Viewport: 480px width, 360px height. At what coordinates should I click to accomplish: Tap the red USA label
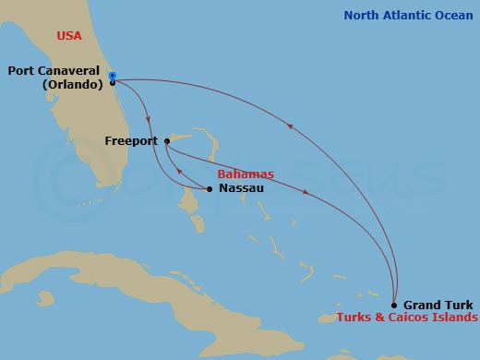69,36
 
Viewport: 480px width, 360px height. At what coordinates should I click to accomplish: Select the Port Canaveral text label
54,70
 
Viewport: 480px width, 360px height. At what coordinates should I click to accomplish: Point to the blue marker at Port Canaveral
112,76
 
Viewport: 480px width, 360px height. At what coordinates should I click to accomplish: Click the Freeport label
132,142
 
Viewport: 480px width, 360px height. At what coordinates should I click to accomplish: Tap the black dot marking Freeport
166,141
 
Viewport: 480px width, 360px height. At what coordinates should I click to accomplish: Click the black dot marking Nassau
210,189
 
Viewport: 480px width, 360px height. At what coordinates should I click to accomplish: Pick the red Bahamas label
246,174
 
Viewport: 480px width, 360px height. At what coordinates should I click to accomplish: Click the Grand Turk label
438,305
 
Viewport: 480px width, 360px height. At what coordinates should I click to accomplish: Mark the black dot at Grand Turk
394,305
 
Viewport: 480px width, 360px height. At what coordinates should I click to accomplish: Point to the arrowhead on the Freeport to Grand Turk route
306,191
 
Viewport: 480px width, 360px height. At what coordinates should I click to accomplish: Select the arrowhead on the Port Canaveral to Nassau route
150,117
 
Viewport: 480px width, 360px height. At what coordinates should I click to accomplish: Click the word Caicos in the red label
407,318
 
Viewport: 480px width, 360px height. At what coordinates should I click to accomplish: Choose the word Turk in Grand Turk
459,305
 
